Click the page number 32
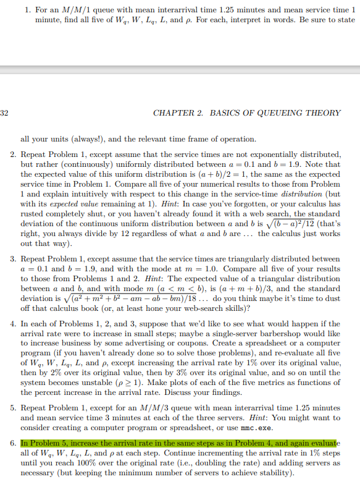tap(4, 113)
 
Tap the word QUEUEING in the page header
tap(275, 113)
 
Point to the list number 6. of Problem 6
tap(13, 444)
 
